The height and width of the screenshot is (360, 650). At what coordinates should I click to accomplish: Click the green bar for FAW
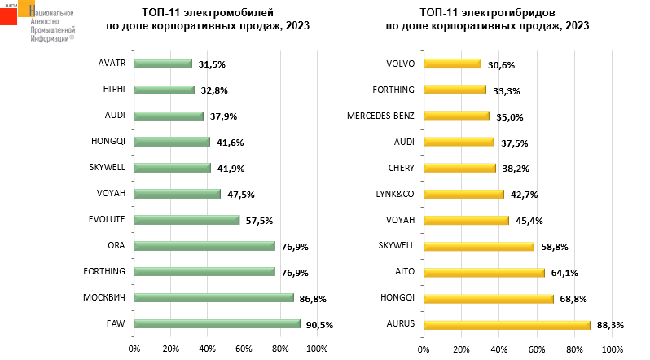tap(217, 323)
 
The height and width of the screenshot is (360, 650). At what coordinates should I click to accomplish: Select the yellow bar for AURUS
tap(506, 324)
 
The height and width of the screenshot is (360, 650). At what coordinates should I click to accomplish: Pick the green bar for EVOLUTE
tap(187, 219)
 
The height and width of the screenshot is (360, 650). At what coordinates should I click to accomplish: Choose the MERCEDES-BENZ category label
tap(381, 116)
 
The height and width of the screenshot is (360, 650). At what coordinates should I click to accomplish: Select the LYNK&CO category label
tap(396, 194)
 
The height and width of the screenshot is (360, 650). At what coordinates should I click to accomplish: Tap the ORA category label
tap(115, 245)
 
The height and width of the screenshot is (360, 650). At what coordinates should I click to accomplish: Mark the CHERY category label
tap(401, 168)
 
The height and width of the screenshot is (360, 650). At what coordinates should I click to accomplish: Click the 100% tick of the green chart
tap(316, 349)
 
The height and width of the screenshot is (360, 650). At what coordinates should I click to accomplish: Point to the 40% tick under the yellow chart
tap(498, 349)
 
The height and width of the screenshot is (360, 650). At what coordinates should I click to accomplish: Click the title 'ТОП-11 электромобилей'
tap(207, 12)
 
